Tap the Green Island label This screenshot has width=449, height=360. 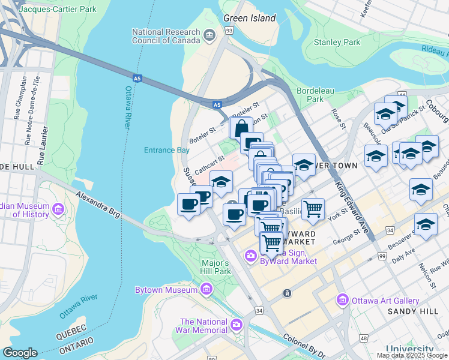[x=249, y=18]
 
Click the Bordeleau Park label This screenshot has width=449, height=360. [x=310, y=94]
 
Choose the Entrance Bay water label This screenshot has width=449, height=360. [x=167, y=150]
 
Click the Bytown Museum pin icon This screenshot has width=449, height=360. [x=206, y=290]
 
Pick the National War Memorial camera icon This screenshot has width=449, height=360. [x=237, y=325]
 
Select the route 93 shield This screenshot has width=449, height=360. [x=229, y=29]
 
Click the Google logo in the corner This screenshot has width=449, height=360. [x=20, y=353]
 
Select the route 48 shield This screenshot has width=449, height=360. [x=363, y=338]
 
